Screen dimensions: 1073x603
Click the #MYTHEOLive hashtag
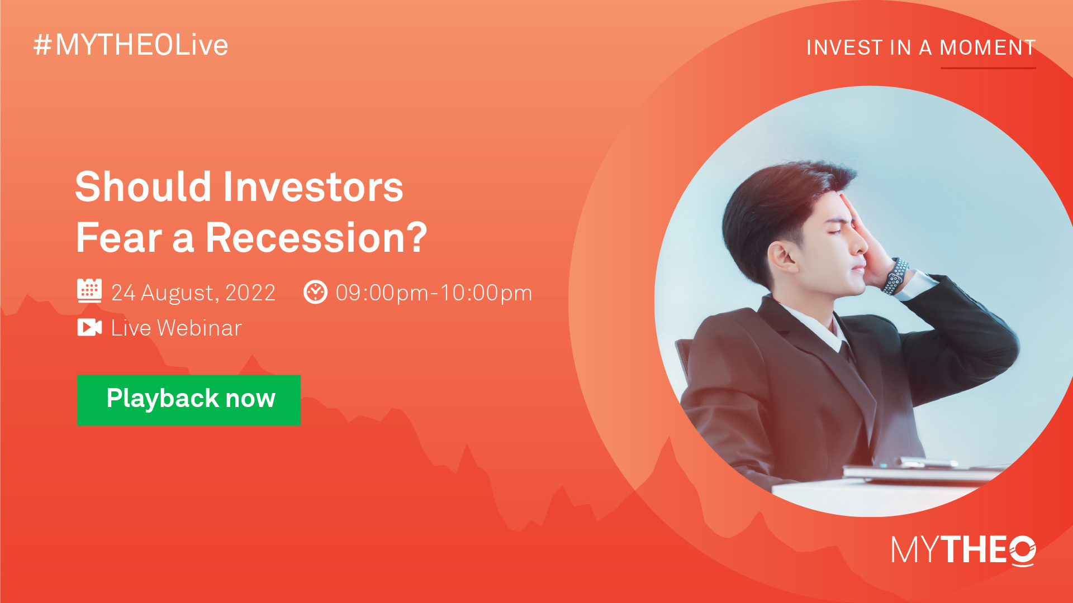pos(131,45)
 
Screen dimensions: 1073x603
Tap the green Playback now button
pos(189,400)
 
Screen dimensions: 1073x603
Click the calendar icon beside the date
pos(89,291)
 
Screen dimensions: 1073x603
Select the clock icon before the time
pos(315,292)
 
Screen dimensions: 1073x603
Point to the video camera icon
pos(89,328)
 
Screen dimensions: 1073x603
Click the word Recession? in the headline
pos(316,238)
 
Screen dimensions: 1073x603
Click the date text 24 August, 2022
pos(193,293)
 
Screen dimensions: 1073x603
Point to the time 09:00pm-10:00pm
pos(434,293)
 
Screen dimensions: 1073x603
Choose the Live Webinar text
pos(177,328)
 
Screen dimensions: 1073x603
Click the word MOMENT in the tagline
pos(988,48)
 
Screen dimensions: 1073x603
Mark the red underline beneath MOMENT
pos(989,68)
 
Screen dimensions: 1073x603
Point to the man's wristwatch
pos(895,276)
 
